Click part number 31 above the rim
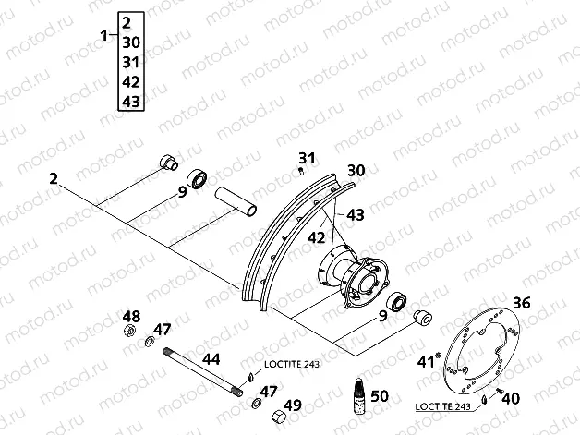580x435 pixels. (307, 157)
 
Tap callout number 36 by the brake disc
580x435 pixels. (521, 303)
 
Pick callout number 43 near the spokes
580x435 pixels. (356, 214)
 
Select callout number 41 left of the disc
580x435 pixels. (425, 361)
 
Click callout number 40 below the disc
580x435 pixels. (510, 398)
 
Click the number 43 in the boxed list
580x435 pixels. (130, 102)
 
